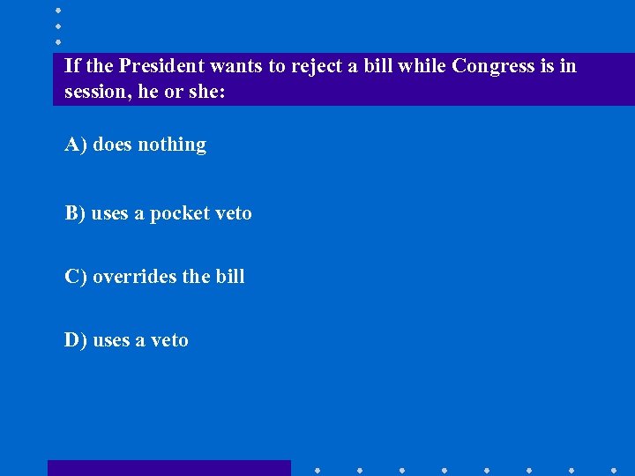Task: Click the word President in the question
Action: (161, 66)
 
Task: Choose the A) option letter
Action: (75, 145)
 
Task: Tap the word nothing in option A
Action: (171, 145)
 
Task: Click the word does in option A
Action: (112, 145)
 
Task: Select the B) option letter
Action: (75, 213)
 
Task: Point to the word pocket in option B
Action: (179, 214)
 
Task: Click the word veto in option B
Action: (234, 213)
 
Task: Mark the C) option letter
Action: (75, 277)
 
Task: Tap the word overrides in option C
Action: (134, 277)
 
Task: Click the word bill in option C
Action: (230, 277)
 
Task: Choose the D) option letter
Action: (75, 340)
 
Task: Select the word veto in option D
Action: (170, 340)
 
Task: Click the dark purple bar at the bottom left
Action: (168, 468)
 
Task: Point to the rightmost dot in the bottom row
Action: (613, 470)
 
